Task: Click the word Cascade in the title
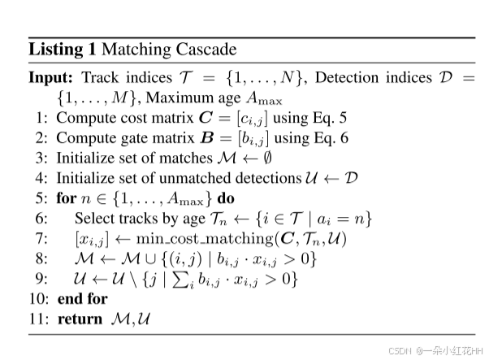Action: pos(206,50)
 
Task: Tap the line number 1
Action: pos(42,117)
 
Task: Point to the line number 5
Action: pos(42,198)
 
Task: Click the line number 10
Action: pos(39,299)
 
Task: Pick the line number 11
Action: pos(39,319)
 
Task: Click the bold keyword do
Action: pos(227,198)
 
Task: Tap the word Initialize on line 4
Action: pos(82,178)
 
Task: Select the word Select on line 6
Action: pos(93,219)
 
